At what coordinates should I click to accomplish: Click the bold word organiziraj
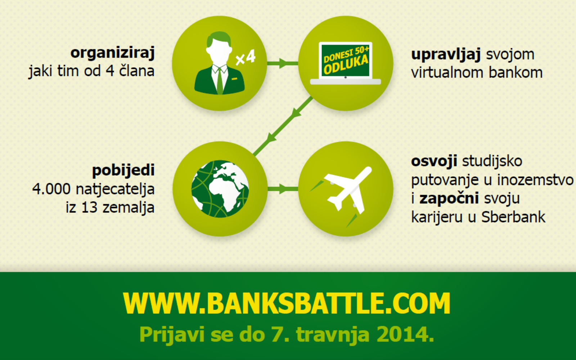(113, 53)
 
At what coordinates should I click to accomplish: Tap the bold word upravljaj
(446, 54)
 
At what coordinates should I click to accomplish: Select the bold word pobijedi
(123, 170)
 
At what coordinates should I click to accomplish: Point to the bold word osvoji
(434, 162)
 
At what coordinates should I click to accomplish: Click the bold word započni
(449, 199)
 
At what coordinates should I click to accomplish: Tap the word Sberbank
(513, 217)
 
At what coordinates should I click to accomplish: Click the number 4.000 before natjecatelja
(51, 189)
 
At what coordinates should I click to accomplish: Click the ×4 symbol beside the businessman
(246, 57)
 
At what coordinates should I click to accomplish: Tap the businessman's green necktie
(220, 81)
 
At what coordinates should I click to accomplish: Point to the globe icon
(220, 189)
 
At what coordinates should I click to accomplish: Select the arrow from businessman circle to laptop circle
(283, 63)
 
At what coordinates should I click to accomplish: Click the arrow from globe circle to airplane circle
(283, 189)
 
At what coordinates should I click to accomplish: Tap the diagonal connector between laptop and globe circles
(283, 126)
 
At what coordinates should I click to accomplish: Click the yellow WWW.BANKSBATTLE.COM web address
(287, 303)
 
